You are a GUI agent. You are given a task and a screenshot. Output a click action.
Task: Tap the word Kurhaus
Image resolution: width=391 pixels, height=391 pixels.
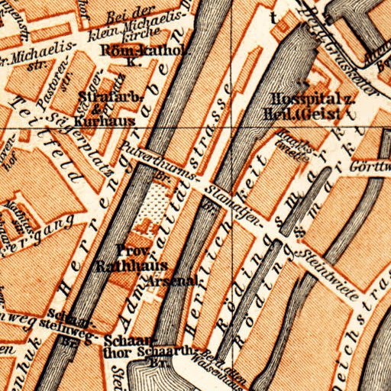[115, 120]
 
